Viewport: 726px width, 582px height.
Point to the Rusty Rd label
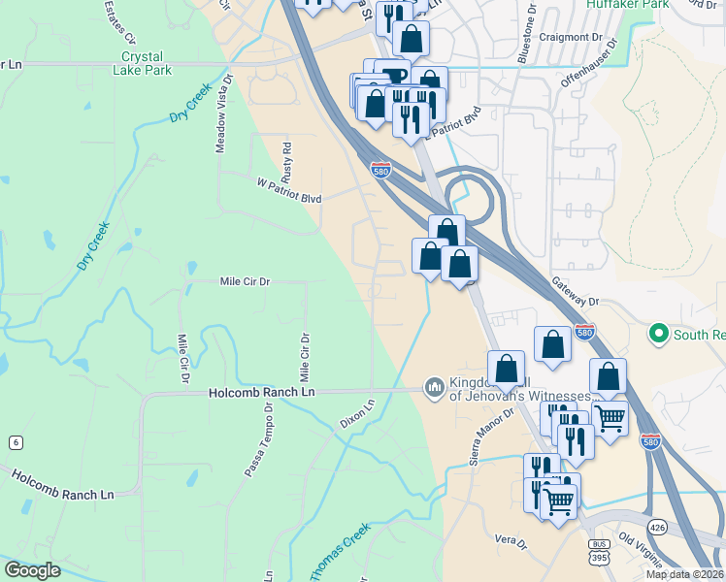click(285, 164)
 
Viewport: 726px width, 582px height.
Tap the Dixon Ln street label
click(356, 415)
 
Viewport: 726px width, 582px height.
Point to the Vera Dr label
click(510, 540)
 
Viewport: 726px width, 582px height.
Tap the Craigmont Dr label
click(575, 37)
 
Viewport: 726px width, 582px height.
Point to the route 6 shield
click(14, 442)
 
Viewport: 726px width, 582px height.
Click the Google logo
click(33, 570)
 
